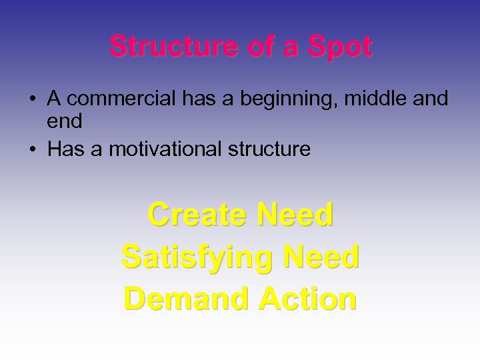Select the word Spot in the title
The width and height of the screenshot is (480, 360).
pyautogui.click(x=343, y=47)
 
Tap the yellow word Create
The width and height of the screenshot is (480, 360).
pyautogui.click(x=193, y=215)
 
